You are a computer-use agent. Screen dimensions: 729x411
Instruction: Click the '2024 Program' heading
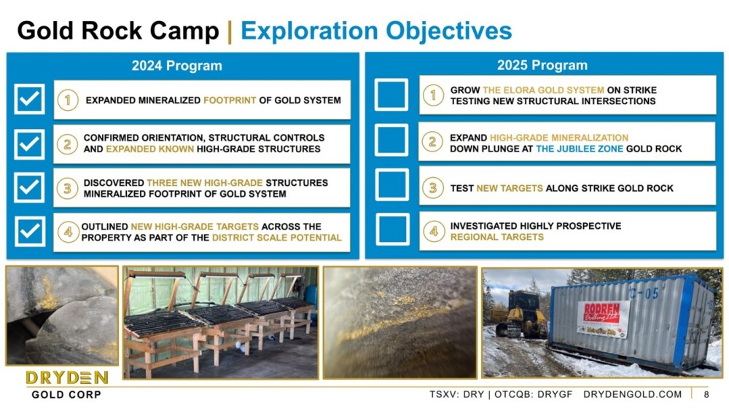tap(176, 66)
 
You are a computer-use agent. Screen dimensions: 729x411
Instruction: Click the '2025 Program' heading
tap(542, 65)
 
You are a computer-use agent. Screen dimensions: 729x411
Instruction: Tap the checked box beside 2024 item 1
tap(29, 99)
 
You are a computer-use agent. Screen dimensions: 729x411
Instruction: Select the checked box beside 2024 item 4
tap(30, 231)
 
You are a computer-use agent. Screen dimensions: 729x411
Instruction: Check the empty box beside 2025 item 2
tap(391, 140)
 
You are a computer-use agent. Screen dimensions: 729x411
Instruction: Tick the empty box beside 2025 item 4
tap(392, 230)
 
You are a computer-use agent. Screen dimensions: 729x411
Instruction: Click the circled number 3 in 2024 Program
tap(67, 188)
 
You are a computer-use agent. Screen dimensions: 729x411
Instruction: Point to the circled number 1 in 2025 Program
tap(433, 95)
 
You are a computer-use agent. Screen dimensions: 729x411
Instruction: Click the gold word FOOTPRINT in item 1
tap(230, 101)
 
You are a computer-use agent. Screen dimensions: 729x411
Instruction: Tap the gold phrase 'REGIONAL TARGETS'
tap(496, 237)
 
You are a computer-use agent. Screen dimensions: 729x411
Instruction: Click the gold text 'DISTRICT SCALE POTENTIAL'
tap(276, 238)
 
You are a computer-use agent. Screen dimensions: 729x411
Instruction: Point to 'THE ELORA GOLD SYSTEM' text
tap(543, 90)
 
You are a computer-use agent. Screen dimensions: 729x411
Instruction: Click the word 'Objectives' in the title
tap(448, 31)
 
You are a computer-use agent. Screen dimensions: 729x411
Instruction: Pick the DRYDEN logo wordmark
tap(67, 377)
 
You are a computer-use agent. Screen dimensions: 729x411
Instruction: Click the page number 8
tap(706, 395)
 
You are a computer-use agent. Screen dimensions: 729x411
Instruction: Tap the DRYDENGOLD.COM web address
tap(632, 394)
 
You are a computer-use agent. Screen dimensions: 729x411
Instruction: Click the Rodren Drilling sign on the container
tap(602, 319)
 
